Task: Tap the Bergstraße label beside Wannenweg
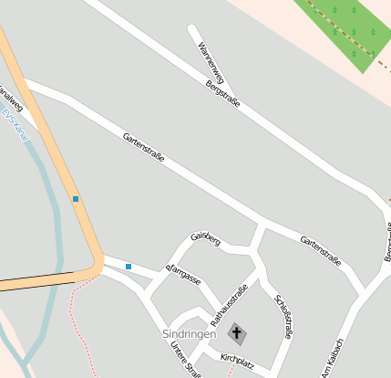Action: click(x=223, y=93)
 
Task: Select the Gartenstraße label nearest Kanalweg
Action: click(x=144, y=148)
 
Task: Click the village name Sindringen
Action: click(x=190, y=334)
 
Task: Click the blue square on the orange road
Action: click(x=75, y=198)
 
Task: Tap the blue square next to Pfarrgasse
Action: click(x=129, y=267)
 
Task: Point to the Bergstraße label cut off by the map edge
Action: click(x=386, y=241)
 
